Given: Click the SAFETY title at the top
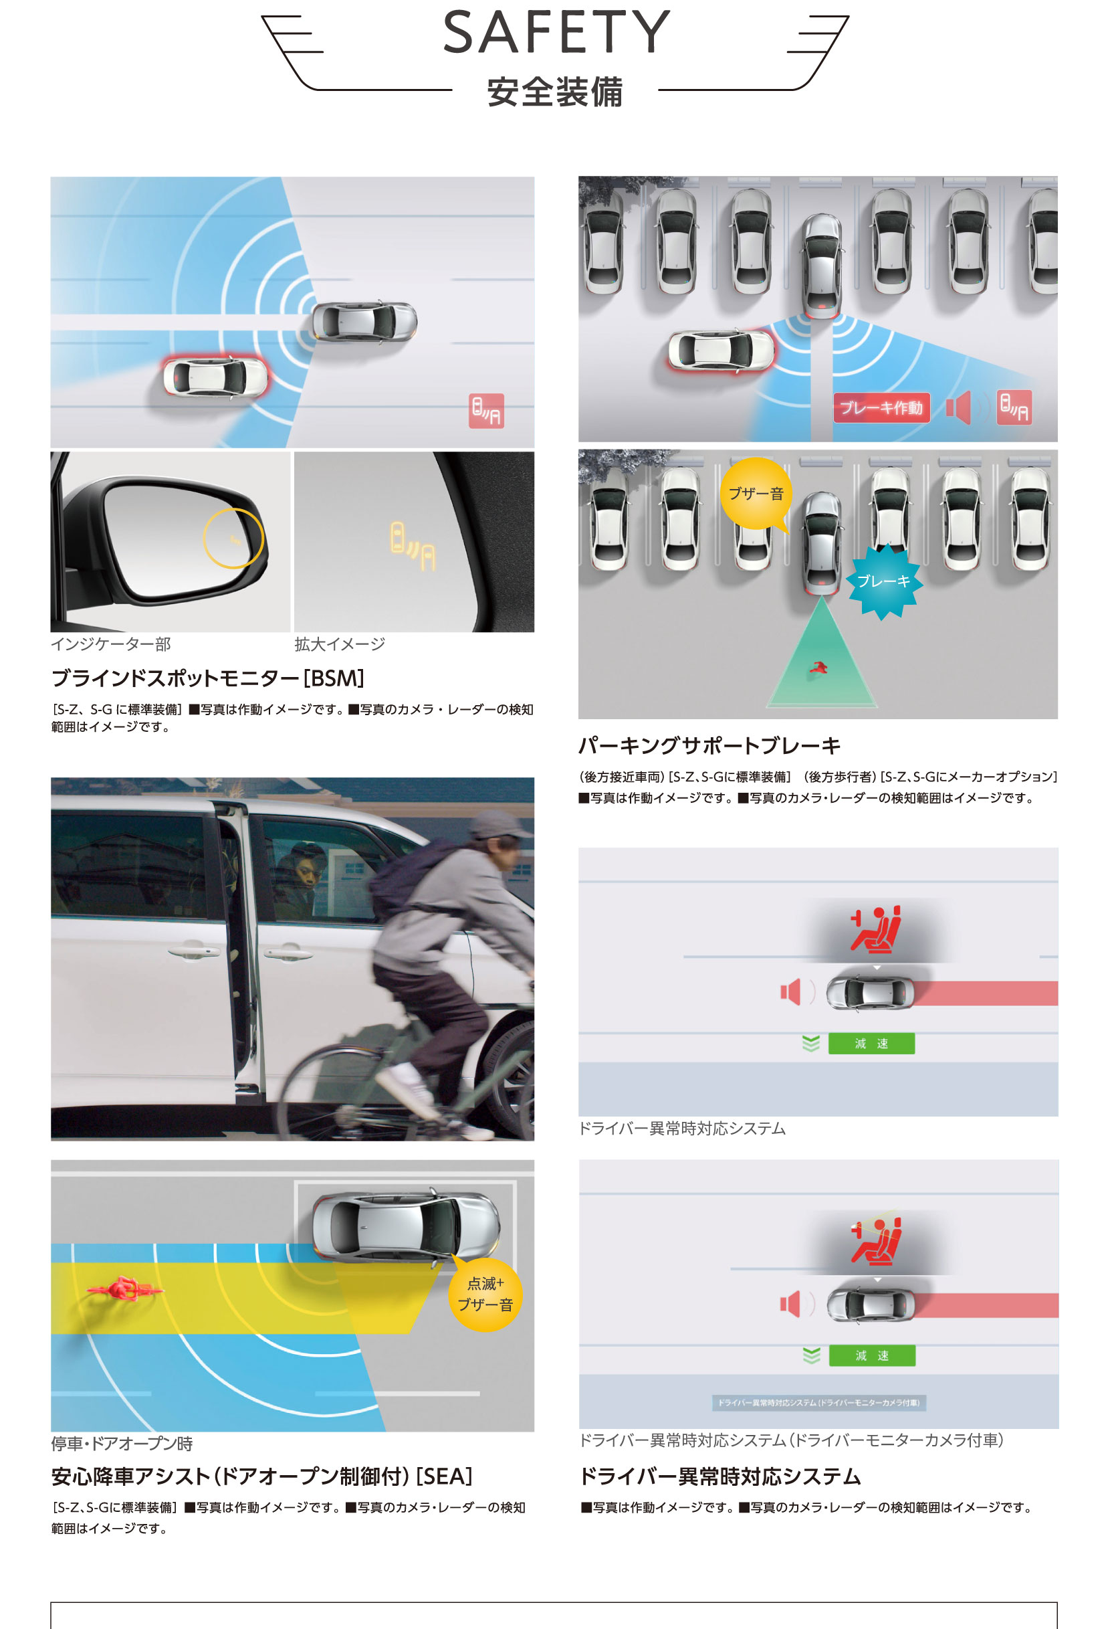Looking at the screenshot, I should coord(556,32).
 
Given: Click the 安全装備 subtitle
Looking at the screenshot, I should coord(555,92).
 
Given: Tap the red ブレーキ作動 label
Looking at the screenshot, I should coord(881,407).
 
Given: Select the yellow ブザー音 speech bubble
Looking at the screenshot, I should coord(756,494).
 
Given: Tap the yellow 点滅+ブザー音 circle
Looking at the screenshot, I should coord(485,1294).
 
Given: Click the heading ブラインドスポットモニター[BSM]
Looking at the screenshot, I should coord(207,678).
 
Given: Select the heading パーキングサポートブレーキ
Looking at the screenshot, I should coord(709,746).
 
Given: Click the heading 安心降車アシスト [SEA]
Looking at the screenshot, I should coord(261,1477).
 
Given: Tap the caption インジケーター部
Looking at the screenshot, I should coord(111,644).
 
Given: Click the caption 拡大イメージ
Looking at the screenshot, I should coord(340,644).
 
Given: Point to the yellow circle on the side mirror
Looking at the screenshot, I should coord(233,539).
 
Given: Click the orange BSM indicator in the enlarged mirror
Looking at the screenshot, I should coord(413,546).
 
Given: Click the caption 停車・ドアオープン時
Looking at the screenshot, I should coord(122,1444).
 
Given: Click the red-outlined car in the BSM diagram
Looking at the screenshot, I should coord(215,377).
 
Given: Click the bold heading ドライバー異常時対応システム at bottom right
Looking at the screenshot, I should coord(719,1477).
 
